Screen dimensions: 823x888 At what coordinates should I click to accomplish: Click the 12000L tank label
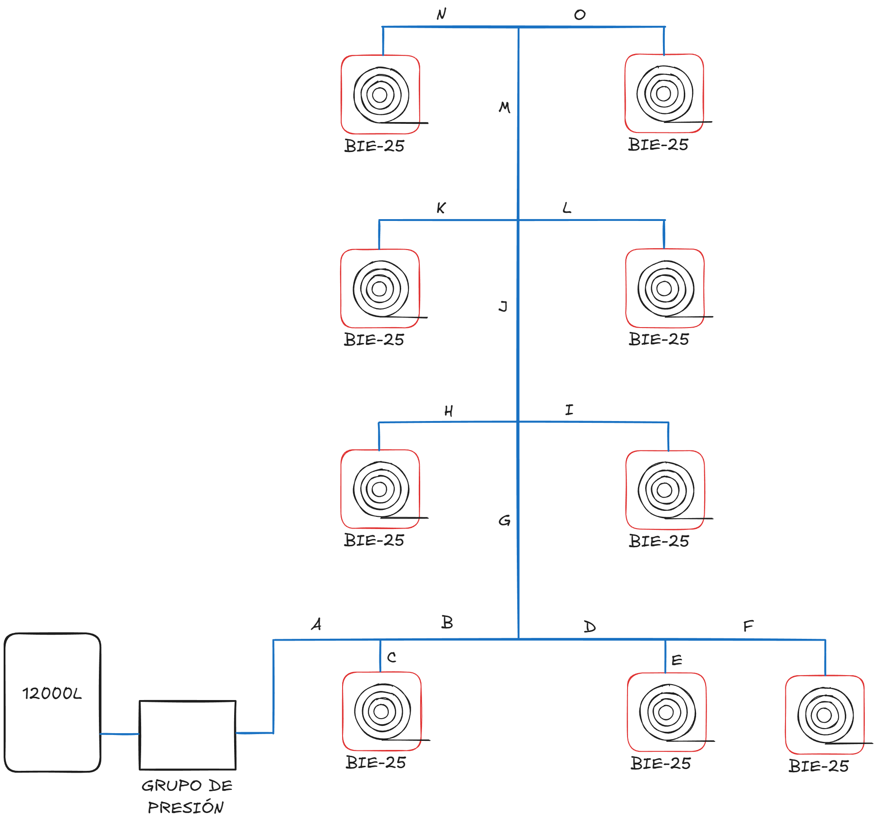(x=52, y=693)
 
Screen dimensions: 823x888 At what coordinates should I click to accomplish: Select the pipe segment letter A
(x=316, y=624)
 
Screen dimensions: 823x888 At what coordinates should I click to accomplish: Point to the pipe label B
(x=447, y=622)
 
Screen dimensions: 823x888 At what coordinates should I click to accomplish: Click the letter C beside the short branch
(x=392, y=657)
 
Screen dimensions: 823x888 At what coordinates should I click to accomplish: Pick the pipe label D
(x=589, y=627)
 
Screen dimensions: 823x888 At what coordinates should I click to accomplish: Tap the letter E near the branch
(x=677, y=660)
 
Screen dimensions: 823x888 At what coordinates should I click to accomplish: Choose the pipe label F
(x=748, y=627)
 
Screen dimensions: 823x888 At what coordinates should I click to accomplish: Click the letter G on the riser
(x=504, y=520)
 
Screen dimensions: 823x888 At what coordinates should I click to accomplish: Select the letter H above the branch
(x=448, y=411)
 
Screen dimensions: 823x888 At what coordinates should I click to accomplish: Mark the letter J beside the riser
(x=503, y=307)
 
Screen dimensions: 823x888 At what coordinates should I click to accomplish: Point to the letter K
(x=441, y=208)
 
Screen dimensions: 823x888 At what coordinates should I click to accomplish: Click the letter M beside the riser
(x=505, y=108)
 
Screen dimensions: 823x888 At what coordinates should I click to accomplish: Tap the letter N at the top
(x=442, y=15)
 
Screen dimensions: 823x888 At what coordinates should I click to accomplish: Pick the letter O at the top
(x=580, y=15)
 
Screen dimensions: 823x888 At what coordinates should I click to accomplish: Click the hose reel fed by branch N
(x=381, y=95)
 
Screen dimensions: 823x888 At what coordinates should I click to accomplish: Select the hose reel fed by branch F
(x=825, y=715)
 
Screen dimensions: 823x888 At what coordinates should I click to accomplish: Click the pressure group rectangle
(x=187, y=735)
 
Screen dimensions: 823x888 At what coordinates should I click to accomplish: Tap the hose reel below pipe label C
(x=382, y=711)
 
